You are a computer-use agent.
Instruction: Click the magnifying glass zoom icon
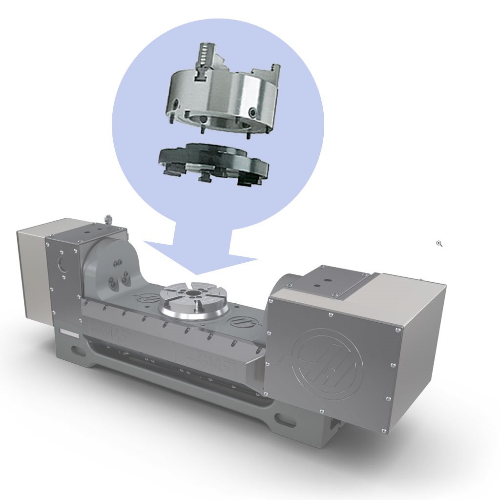(439, 243)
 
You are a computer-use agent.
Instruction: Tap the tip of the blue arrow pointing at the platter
(197, 274)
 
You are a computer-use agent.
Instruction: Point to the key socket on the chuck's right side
(253, 113)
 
